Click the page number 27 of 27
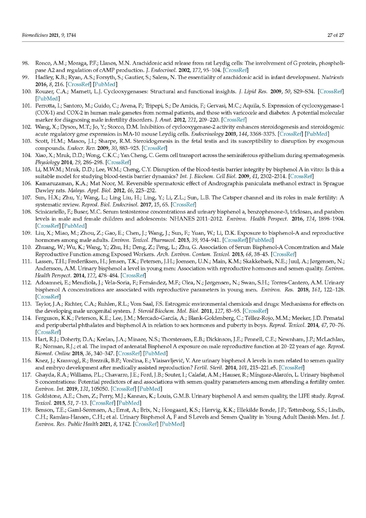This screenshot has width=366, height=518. pyautogui.click(x=336, y=35)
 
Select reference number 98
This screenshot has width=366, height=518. pyautogui.click(x=26, y=63)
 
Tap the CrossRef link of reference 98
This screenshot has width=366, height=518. pyautogui.click(x=236, y=70)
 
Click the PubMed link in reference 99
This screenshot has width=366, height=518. pyautogui.click(x=105, y=84)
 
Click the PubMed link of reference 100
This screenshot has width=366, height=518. pyautogui.click(x=48, y=98)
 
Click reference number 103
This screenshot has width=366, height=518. pyautogui.click(x=27, y=141)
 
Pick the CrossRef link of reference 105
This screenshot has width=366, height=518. pyautogui.click(x=301, y=176)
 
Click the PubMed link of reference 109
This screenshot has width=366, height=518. pyautogui.click(x=261, y=240)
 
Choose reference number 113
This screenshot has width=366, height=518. pyautogui.click(x=27, y=304)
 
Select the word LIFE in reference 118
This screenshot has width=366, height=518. pyautogui.click(x=306, y=396)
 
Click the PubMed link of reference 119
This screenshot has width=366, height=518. pyautogui.click(x=172, y=424)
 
